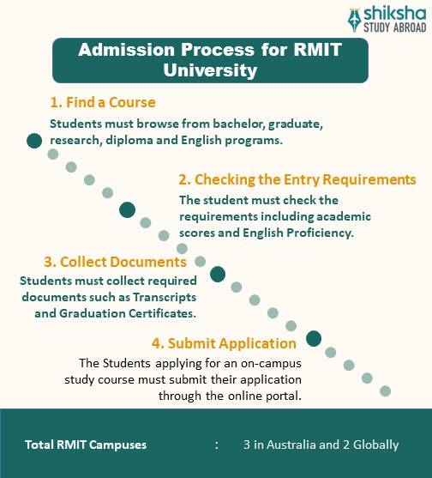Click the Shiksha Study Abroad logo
coord(385,18)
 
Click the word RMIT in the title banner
coord(317,50)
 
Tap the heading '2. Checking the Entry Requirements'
coord(297,180)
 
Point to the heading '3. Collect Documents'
coord(115,262)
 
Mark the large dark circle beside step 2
coord(128,209)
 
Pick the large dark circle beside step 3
coord(218,275)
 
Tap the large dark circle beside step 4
coord(314,339)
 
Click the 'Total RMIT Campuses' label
coord(86,445)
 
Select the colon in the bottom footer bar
coord(217,445)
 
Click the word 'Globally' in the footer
coord(373,445)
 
